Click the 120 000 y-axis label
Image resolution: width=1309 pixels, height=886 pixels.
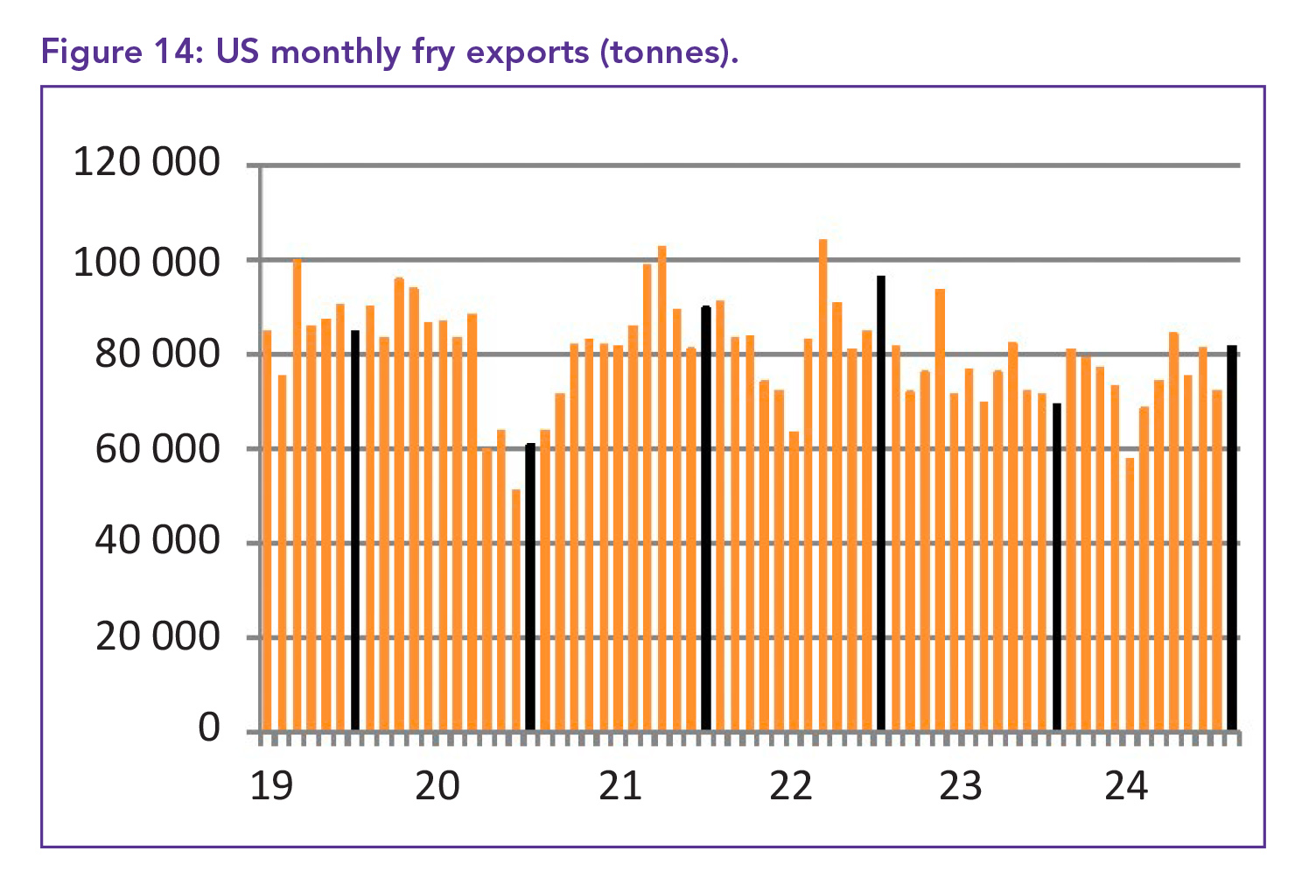(x=146, y=163)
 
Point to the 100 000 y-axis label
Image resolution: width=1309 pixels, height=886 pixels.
(x=146, y=261)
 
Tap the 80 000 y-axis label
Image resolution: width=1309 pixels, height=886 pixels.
(x=157, y=355)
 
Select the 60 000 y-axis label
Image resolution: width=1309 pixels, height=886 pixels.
(x=157, y=449)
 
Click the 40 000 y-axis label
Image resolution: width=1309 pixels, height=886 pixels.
(x=157, y=542)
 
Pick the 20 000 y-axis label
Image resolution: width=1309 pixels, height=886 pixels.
(x=157, y=636)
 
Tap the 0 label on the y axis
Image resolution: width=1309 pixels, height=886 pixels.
(x=209, y=728)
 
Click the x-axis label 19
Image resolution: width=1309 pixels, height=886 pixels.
(x=271, y=785)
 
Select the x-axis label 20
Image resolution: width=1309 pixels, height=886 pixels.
(x=437, y=785)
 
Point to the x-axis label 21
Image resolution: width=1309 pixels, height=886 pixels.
(x=620, y=785)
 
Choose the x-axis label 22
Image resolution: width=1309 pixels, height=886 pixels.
(x=790, y=785)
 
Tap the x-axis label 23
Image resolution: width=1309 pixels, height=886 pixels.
(x=960, y=785)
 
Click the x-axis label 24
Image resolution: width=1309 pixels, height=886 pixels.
(x=1125, y=785)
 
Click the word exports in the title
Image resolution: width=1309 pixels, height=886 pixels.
(x=528, y=53)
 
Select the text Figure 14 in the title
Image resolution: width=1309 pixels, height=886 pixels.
(x=119, y=53)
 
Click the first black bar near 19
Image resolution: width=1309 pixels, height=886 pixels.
(x=355, y=530)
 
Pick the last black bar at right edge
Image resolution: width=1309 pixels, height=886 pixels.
(x=1232, y=538)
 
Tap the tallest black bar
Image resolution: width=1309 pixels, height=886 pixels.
(x=881, y=503)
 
